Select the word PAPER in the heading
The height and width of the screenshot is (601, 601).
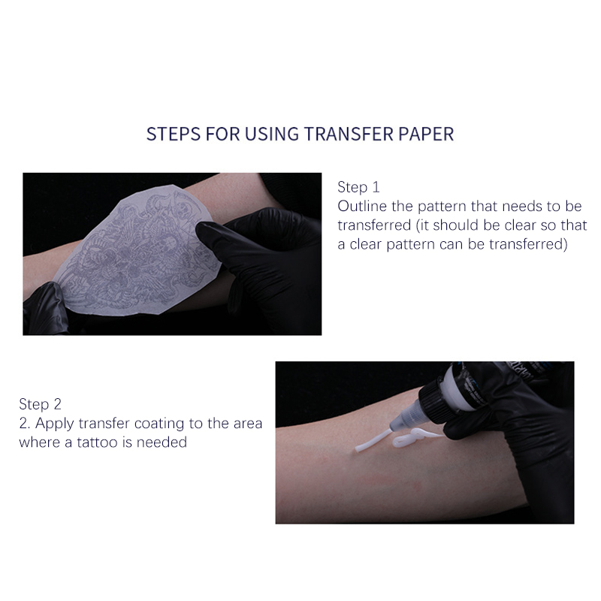pyautogui.click(x=426, y=134)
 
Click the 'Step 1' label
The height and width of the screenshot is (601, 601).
pyautogui.click(x=358, y=187)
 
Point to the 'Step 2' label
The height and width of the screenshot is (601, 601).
pyautogui.click(x=40, y=404)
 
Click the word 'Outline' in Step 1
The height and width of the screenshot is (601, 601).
pyautogui.click(x=362, y=206)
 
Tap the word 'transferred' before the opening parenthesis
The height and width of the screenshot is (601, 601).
pyautogui.click(x=374, y=225)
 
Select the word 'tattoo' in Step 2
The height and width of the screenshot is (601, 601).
pyautogui.click(x=97, y=442)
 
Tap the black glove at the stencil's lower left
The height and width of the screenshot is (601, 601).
pyautogui.click(x=45, y=309)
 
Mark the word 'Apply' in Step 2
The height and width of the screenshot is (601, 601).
pyautogui.click(x=55, y=424)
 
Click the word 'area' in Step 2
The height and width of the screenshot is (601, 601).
pyautogui.click(x=248, y=423)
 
